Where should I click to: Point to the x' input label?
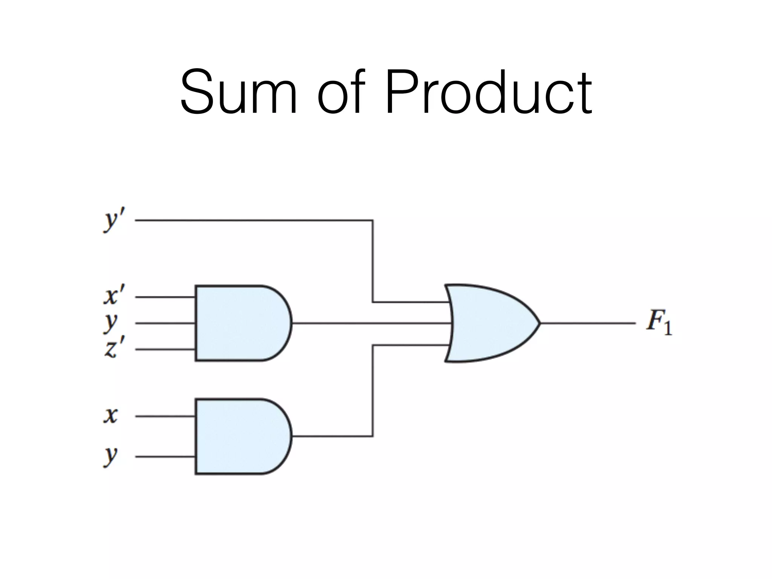point(113,296)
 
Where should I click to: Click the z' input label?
point(113,348)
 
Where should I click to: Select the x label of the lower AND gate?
point(111,415)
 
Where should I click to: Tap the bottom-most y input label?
point(111,456)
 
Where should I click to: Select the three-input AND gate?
point(241,323)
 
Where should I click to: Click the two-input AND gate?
point(241,436)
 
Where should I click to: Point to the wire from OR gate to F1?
point(588,323)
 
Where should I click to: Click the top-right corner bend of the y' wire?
point(372,221)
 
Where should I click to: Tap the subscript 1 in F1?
point(668,328)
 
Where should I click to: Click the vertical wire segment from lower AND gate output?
point(372,392)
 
